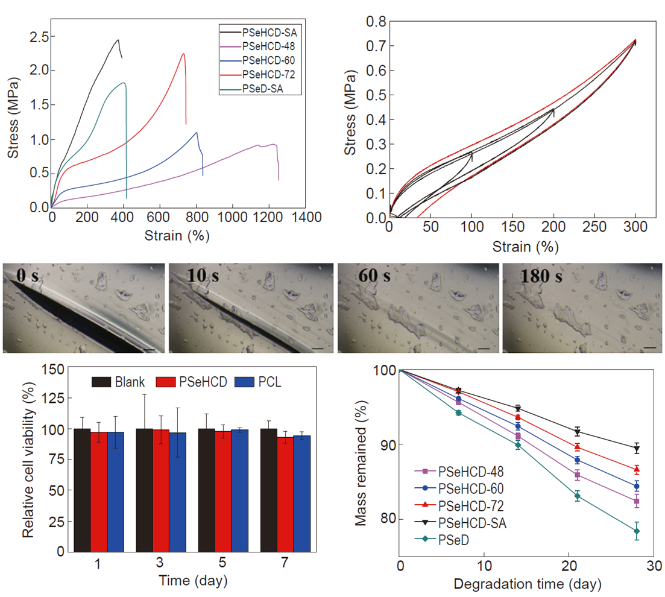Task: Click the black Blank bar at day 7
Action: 268,490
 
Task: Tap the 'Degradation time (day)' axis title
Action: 528,584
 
